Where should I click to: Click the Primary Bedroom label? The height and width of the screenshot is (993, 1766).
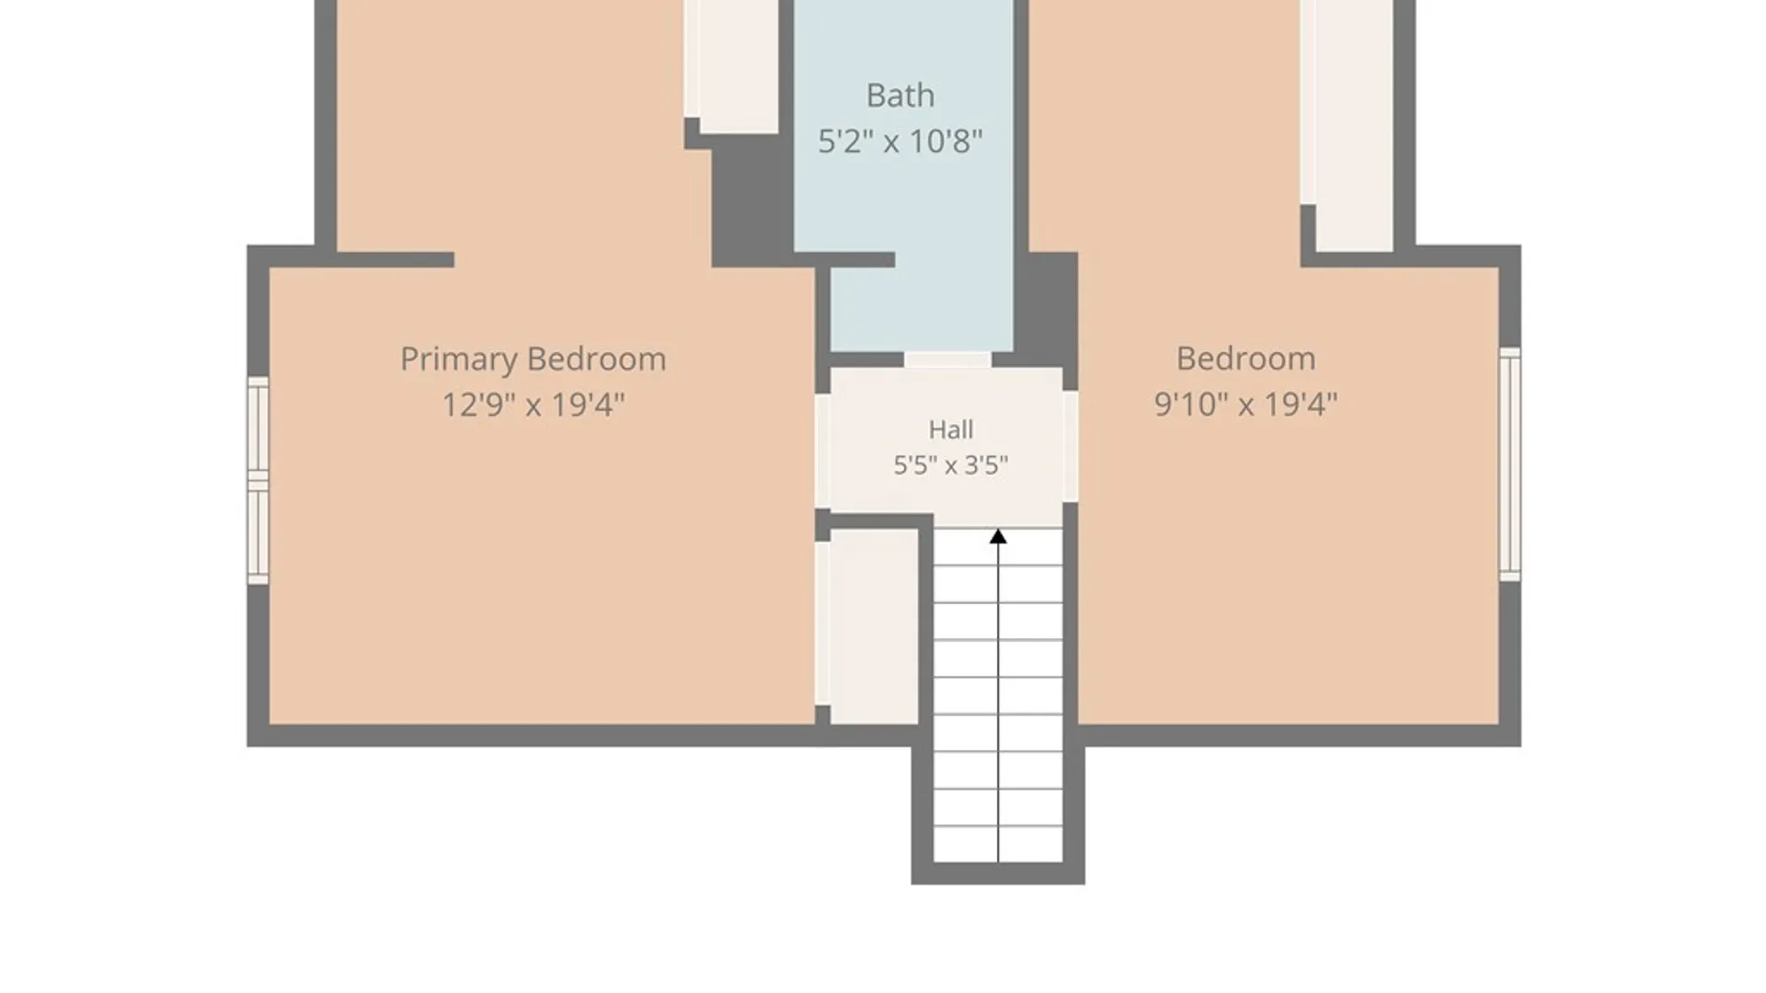(x=533, y=360)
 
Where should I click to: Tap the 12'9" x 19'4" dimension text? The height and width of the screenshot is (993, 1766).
(x=533, y=405)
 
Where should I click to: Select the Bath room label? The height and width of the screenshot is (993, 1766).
(x=900, y=96)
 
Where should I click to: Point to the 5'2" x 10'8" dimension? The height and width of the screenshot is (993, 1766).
(x=900, y=142)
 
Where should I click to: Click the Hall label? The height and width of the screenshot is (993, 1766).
(x=950, y=429)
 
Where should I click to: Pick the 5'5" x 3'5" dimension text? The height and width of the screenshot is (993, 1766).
(x=950, y=465)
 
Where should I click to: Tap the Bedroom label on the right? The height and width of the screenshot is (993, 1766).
(x=1245, y=359)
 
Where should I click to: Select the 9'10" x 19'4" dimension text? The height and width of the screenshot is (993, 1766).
(x=1245, y=405)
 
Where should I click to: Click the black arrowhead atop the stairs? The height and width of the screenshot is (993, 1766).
(x=998, y=536)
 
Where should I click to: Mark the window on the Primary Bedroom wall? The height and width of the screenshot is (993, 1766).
(x=258, y=480)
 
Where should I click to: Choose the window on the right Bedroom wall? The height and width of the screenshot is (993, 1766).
(x=1509, y=464)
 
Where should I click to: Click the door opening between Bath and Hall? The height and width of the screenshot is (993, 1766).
(x=947, y=360)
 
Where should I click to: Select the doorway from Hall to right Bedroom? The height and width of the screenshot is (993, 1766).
(x=1070, y=447)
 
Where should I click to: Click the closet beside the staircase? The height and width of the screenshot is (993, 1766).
(x=874, y=626)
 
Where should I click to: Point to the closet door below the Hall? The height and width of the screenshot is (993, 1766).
(x=822, y=624)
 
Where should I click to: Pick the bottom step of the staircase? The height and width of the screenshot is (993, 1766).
(x=998, y=844)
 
